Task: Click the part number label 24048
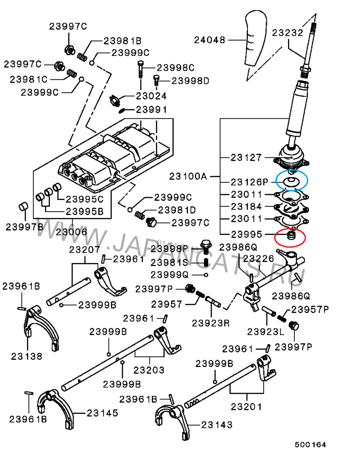[x=209, y=40]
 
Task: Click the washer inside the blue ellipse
[x=291, y=182]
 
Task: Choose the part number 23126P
[x=249, y=182]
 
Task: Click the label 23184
[x=246, y=207]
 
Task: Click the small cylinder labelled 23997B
[x=23, y=207]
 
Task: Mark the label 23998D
[x=190, y=81]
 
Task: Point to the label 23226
[x=258, y=259]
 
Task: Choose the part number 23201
[x=246, y=406]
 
